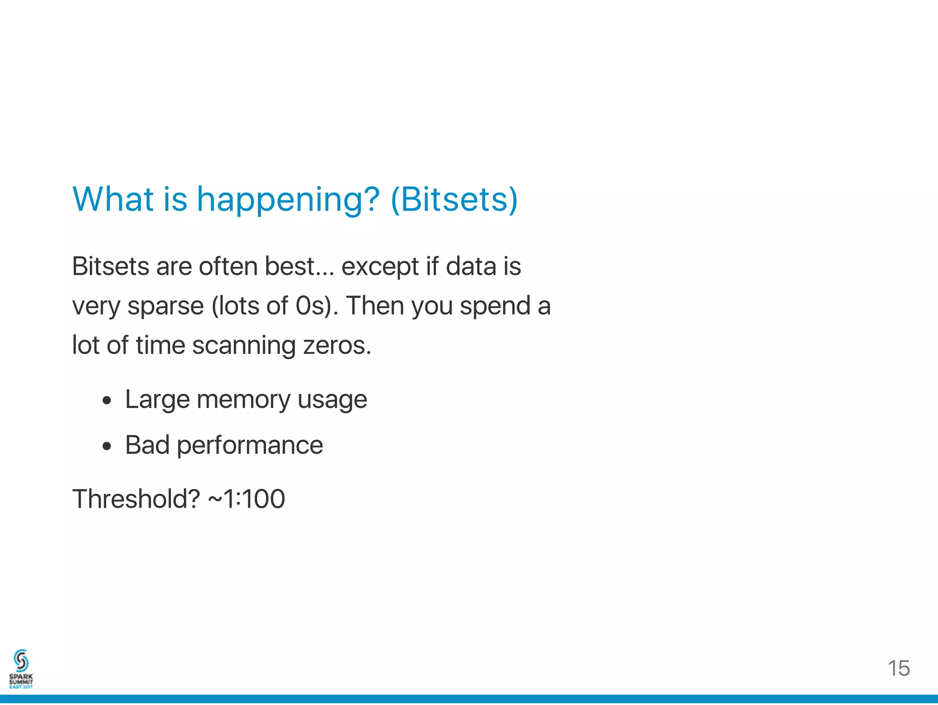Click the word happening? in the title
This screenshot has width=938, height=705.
[288, 200]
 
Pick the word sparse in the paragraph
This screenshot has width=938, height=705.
[165, 306]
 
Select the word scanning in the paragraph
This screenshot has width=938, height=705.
[244, 346]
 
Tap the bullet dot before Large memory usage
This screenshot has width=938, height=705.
[107, 401]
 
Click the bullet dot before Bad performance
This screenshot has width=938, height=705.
[107, 446]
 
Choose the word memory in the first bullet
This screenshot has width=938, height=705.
[243, 400]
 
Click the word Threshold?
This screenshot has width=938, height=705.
[136, 499]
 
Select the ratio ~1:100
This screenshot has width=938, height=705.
[246, 499]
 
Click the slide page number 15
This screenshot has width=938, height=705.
[899, 668]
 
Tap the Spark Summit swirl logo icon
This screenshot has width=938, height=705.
[21, 661]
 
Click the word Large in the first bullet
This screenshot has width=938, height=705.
[157, 400]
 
